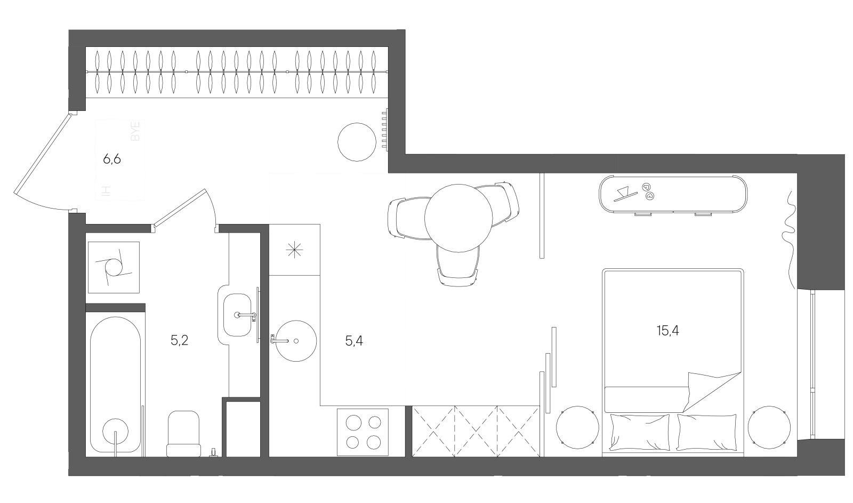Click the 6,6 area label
pyautogui.click(x=112, y=159)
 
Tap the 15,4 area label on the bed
pyautogui.click(x=667, y=331)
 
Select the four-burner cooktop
pyautogui.click(x=363, y=432)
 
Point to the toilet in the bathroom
pyautogui.click(x=183, y=433)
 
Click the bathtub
pyautogui.click(x=115, y=384)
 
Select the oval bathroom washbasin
pyautogui.click(x=235, y=315)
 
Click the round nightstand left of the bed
pyautogui.click(x=577, y=427)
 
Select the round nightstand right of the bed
pyautogui.click(x=769, y=427)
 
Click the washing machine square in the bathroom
pyautogui.click(x=114, y=267)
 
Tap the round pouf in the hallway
pyautogui.click(x=357, y=142)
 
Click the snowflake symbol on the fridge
pyautogui.click(x=294, y=249)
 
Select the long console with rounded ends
pyautogui.click(x=673, y=194)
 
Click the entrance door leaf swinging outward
pyautogui.click(x=43, y=154)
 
